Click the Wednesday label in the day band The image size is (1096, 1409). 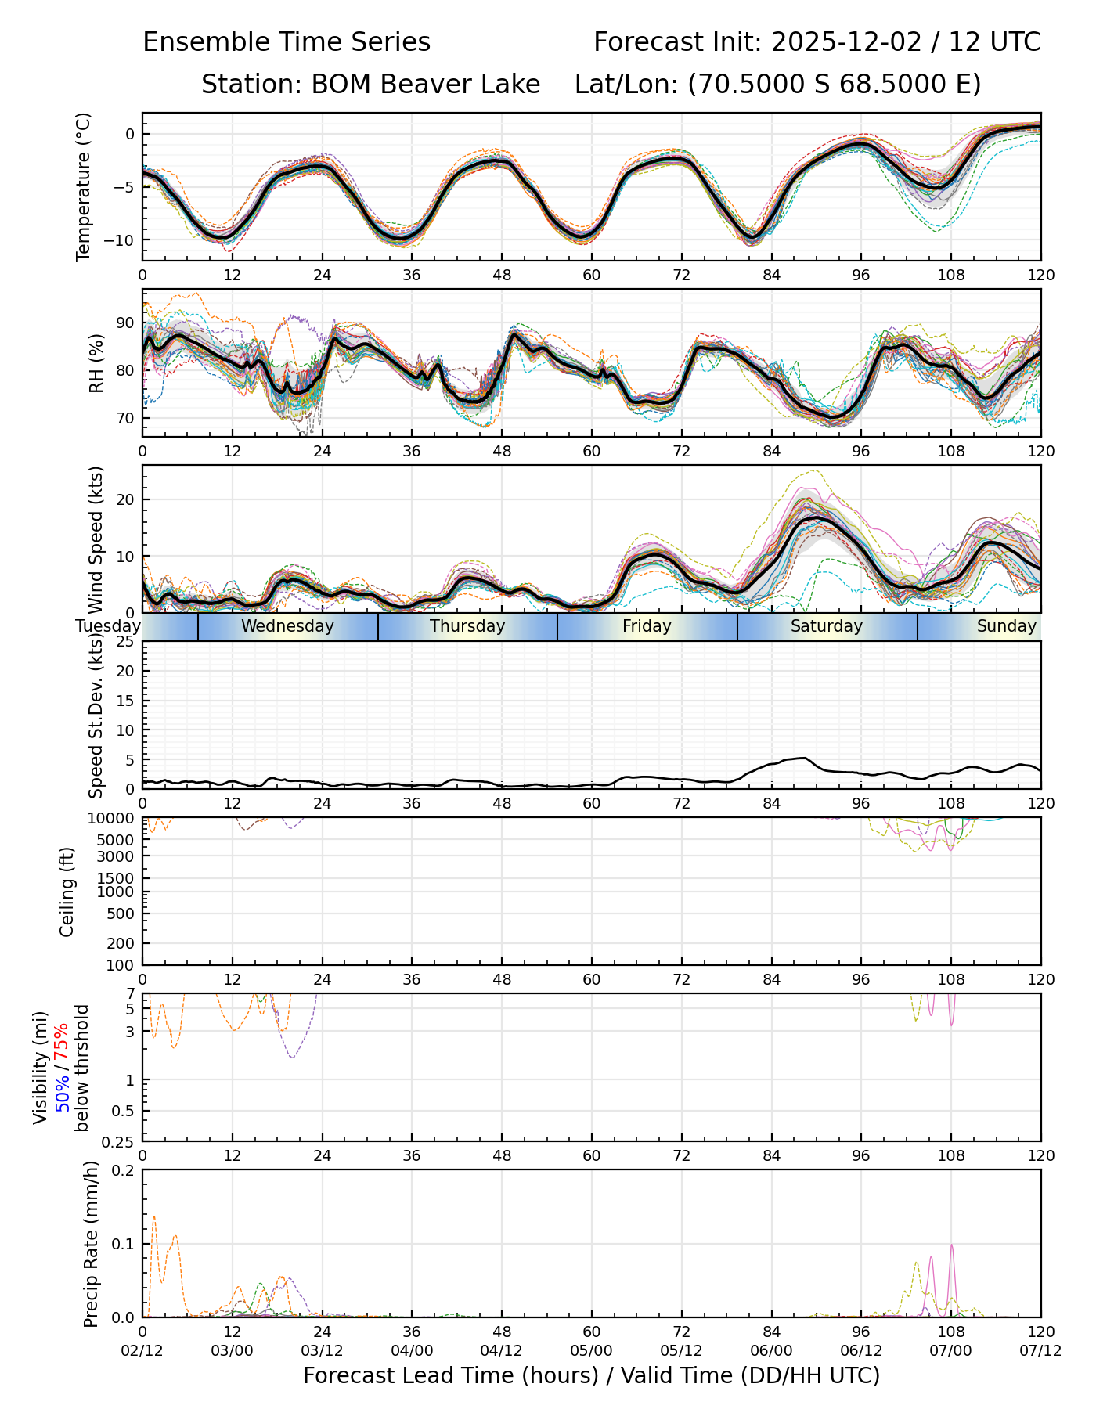click(287, 626)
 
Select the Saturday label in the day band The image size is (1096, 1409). click(826, 626)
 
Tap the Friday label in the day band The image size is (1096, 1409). click(647, 626)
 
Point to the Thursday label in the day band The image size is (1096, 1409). click(467, 626)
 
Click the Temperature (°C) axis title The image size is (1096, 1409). click(84, 186)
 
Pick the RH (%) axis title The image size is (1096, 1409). click(96, 362)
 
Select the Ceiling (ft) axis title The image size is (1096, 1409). click(68, 892)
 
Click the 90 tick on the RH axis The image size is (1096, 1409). click(125, 323)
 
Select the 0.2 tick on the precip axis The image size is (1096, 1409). click(124, 1170)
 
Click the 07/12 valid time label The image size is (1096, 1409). click(1040, 1351)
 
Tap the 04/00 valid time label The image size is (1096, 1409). click(412, 1351)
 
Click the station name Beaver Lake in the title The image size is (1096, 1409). click(426, 85)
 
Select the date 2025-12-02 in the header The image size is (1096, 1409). click(847, 42)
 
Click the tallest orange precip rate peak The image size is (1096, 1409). click(153, 1217)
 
